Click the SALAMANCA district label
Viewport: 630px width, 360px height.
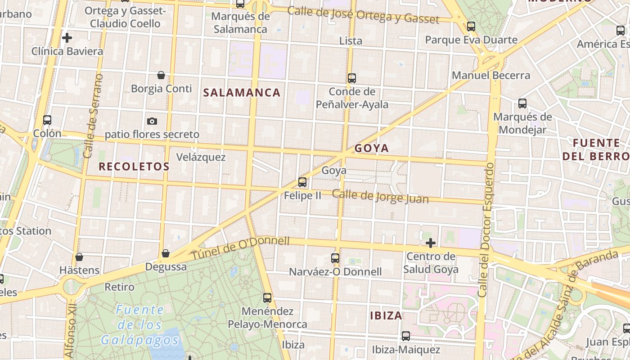(x=242, y=93)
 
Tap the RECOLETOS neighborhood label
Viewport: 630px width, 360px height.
(x=134, y=166)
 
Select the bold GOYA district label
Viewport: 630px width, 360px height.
(x=371, y=148)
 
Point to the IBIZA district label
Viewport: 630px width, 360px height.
(x=386, y=315)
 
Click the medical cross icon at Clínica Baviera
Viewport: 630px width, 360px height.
(x=67, y=38)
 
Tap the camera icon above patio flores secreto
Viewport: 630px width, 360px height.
(x=152, y=121)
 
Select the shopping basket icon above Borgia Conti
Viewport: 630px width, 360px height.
(x=161, y=75)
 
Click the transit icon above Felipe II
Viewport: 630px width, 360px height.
(x=302, y=182)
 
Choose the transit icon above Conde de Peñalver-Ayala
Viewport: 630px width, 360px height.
(x=352, y=78)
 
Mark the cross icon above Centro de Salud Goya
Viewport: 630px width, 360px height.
(x=431, y=243)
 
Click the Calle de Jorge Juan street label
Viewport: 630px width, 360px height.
(x=380, y=196)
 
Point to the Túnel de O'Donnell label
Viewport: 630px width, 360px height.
(x=241, y=247)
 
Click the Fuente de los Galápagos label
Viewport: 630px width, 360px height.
(x=139, y=324)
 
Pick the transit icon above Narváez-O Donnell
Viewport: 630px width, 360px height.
(x=335, y=258)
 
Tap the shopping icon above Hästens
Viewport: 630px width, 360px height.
(x=79, y=257)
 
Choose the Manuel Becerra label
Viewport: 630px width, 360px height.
(x=491, y=75)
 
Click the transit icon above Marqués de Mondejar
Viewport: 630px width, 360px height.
(x=522, y=103)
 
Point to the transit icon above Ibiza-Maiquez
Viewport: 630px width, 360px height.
(x=406, y=336)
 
